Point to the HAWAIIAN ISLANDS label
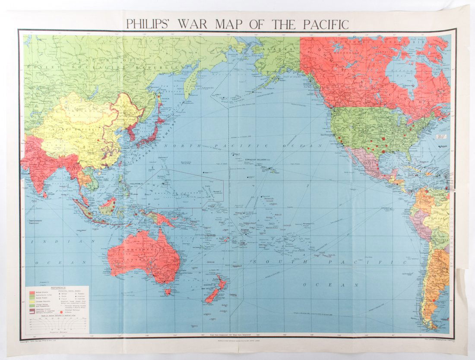tap(257, 160)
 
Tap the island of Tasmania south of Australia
tap(168, 292)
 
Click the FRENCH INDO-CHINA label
tap(100, 177)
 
